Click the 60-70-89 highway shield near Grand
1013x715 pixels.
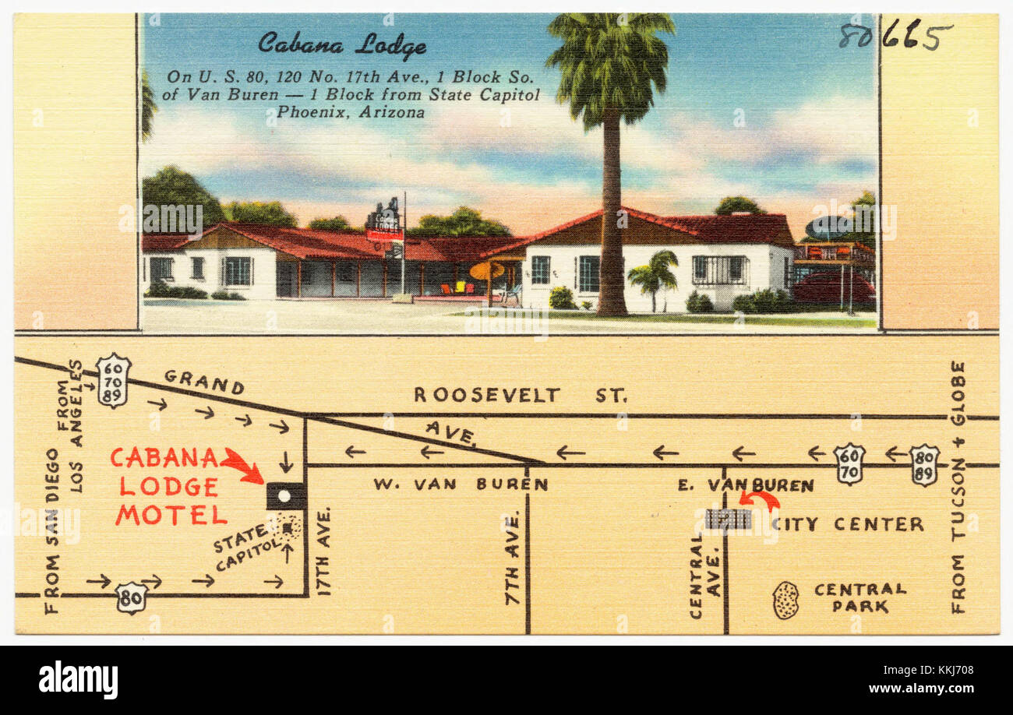point(113,380)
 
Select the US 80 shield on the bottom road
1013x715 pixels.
point(131,598)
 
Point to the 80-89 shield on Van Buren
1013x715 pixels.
point(924,465)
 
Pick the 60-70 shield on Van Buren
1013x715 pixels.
point(849,463)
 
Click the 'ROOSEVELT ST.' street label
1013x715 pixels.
point(520,395)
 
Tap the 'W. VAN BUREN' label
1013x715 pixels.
point(460,484)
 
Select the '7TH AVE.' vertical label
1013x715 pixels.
point(512,558)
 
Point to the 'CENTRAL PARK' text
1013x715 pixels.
point(859,597)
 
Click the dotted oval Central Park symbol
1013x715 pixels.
point(785,600)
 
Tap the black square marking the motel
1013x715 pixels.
point(285,495)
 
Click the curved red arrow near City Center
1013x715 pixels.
point(759,498)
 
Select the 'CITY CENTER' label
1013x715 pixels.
point(848,524)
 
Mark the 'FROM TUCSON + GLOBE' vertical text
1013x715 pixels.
point(958,486)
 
